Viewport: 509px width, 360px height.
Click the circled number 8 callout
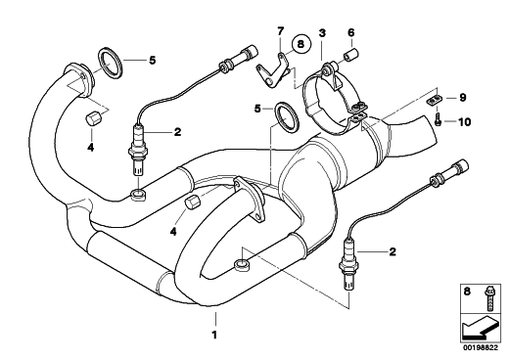(301, 44)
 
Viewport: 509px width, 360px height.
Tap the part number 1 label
(214, 335)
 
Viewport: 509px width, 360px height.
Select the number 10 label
(465, 122)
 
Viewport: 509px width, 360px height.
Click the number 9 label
(463, 98)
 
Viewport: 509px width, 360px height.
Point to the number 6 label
(351, 32)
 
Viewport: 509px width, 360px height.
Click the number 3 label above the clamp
(322, 32)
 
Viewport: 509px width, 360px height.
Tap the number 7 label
(281, 31)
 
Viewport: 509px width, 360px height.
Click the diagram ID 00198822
(481, 348)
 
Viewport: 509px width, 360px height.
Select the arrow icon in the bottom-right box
(480, 328)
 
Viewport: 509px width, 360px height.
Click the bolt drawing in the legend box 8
(488, 298)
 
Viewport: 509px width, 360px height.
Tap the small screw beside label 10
(438, 119)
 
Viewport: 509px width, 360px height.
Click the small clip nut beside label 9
(433, 99)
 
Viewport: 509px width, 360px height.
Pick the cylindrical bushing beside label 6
(351, 54)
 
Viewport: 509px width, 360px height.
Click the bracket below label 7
(271, 71)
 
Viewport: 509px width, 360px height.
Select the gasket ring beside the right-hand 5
(286, 117)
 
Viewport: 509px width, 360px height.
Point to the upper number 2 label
(177, 132)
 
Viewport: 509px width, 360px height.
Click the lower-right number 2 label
(393, 251)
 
